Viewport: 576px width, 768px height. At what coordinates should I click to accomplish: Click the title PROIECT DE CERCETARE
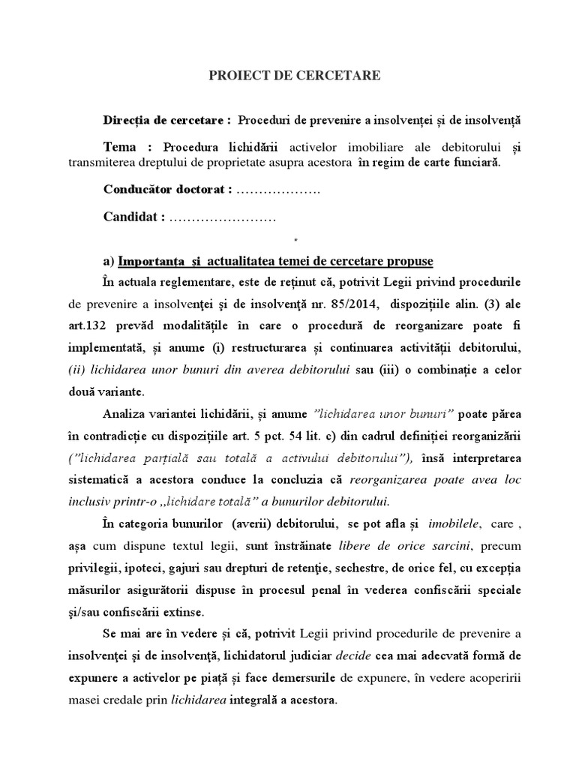(295, 75)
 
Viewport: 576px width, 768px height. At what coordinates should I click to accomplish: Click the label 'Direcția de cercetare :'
(167, 120)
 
